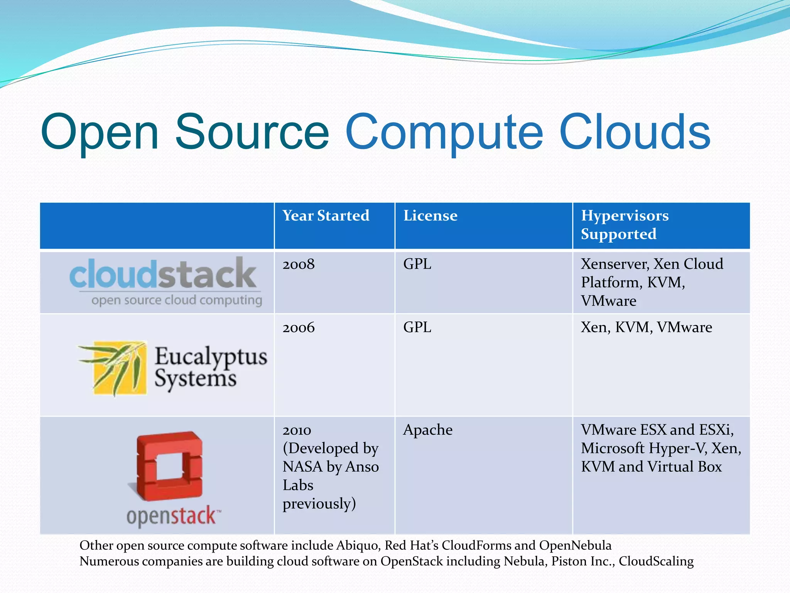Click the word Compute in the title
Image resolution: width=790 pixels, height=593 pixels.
click(x=444, y=132)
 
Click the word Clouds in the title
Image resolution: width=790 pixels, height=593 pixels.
click(x=634, y=132)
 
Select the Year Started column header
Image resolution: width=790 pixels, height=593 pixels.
click(x=326, y=215)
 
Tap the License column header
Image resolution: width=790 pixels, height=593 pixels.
click(x=430, y=215)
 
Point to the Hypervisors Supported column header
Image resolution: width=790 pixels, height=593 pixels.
click(x=625, y=225)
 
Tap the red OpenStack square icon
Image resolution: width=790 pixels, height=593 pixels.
click(x=170, y=466)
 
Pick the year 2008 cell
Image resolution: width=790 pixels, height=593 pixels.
click(x=299, y=264)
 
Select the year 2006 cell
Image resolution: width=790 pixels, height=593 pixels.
click(x=299, y=327)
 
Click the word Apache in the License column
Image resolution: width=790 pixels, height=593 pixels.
click(x=427, y=430)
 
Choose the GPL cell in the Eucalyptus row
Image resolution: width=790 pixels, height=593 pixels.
click(x=417, y=327)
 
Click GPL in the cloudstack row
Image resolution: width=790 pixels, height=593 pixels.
click(x=417, y=264)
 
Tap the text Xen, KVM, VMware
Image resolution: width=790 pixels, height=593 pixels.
click(x=646, y=327)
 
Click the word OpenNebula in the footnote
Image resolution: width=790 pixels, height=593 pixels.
click(x=575, y=545)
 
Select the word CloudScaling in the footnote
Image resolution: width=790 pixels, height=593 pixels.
click(x=656, y=561)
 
